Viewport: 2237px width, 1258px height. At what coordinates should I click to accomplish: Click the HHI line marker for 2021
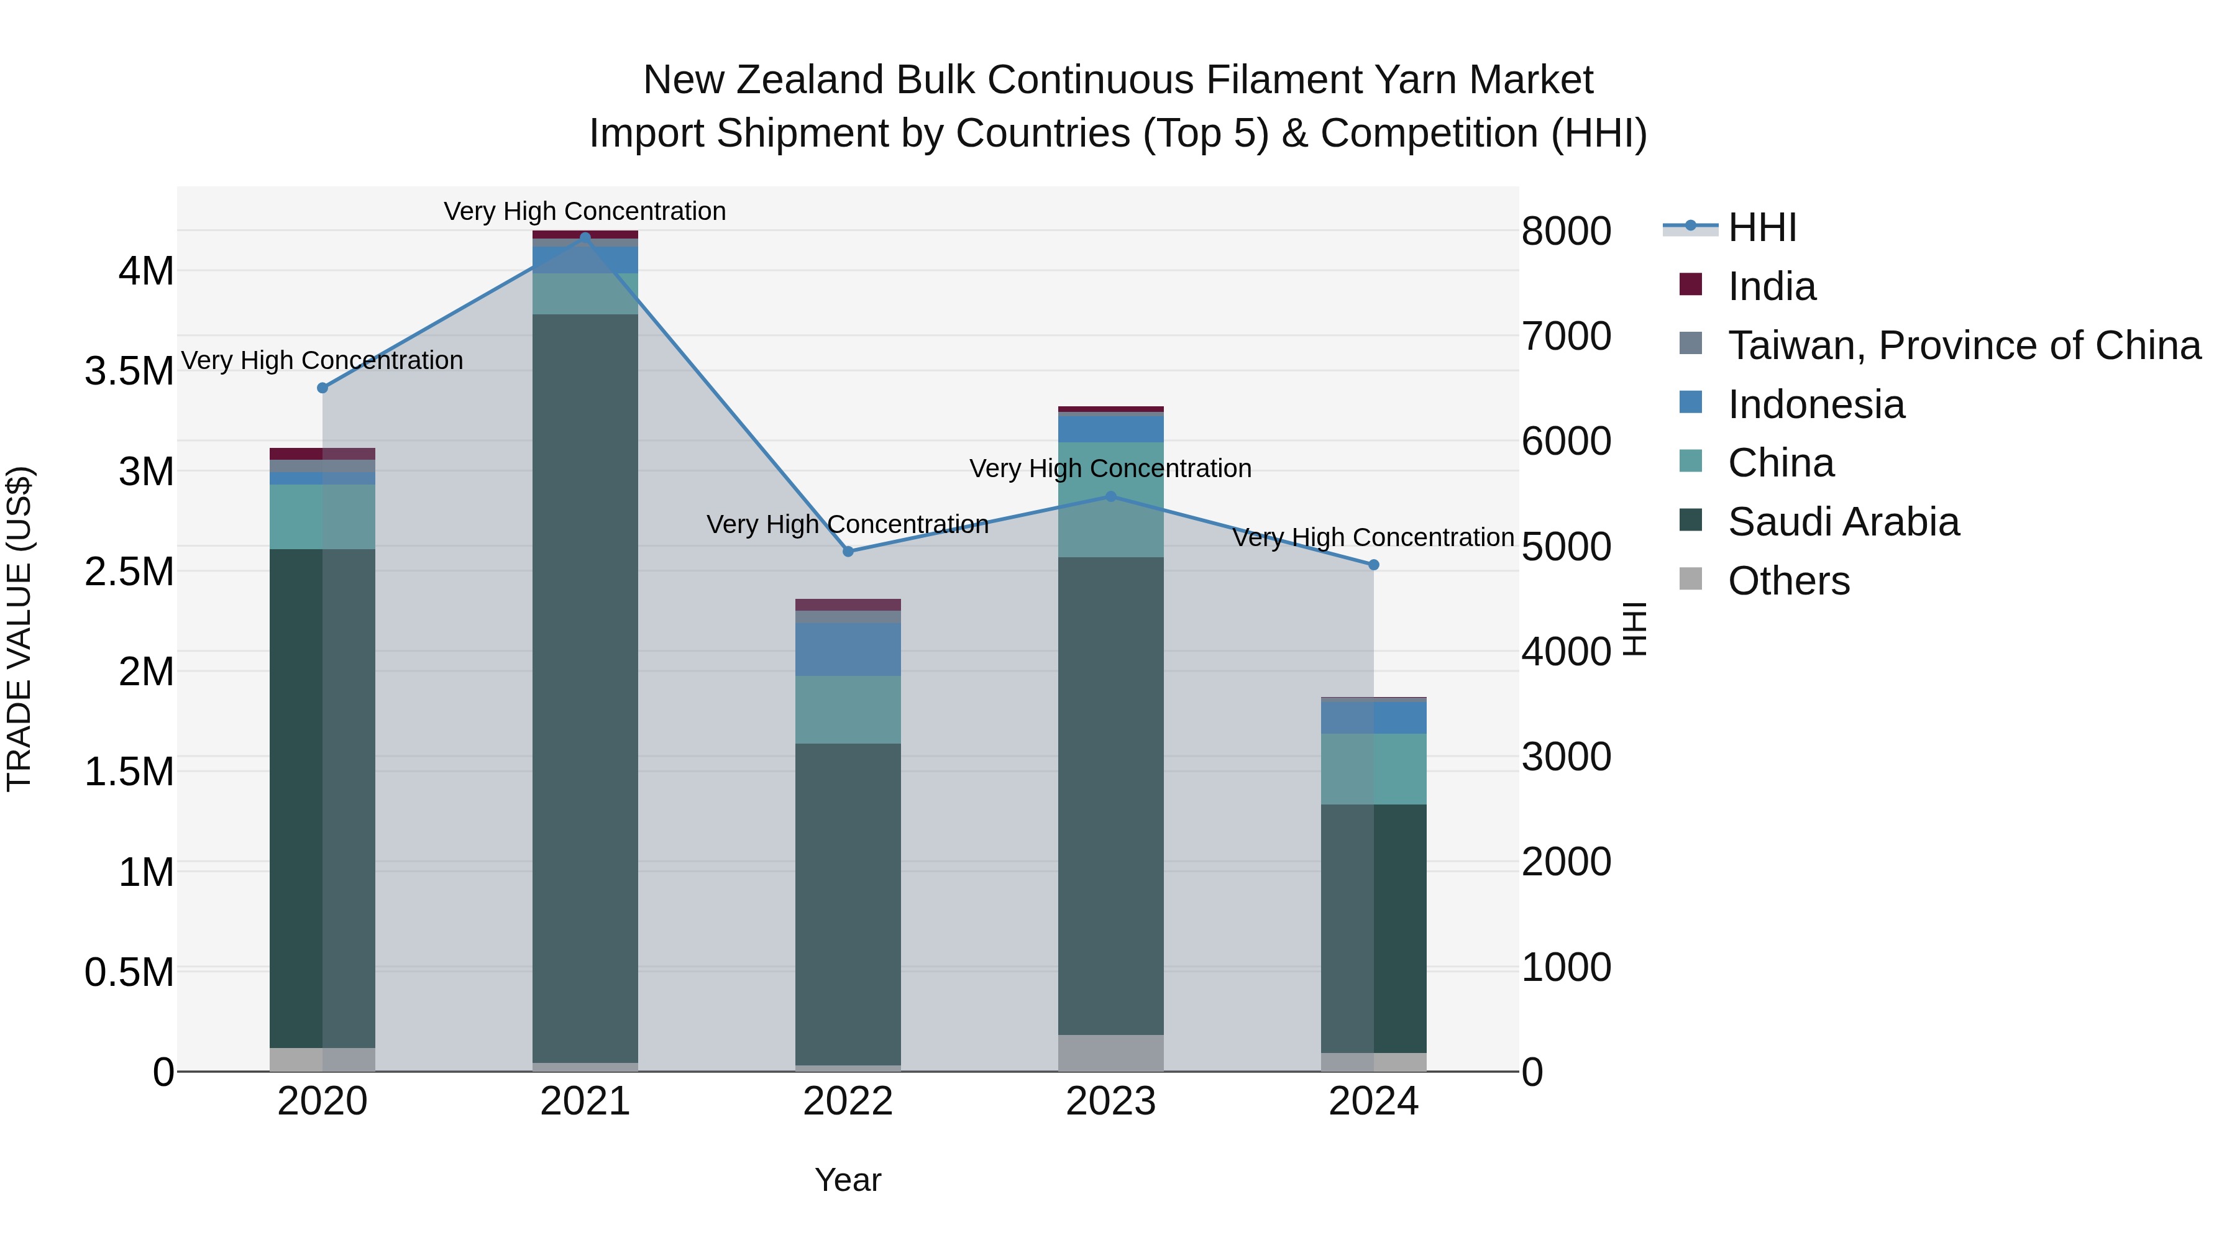tap(585, 238)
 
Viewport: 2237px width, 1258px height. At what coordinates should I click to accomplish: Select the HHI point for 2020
tap(322, 388)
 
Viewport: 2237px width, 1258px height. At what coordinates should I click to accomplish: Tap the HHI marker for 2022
tap(848, 551)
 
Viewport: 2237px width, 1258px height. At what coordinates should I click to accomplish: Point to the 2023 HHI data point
tap(1110, 496)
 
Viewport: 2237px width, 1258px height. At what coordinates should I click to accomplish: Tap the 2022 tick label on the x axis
tap(848, 1101)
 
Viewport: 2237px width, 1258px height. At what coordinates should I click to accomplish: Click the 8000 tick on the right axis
tap(1567, 231)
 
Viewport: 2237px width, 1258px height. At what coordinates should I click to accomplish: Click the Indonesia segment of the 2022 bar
tap(848, 649)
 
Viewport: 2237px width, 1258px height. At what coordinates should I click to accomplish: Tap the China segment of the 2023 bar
tap(1110, 500)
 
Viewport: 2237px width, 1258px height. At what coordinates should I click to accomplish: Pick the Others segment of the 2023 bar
tap(1110, 1053)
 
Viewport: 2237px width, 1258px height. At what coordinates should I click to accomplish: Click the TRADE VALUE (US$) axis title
tap(20, 629)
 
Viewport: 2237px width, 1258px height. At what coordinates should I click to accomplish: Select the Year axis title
tap(848, 1180)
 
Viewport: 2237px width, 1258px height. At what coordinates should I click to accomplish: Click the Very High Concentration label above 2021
tap(585, 211)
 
